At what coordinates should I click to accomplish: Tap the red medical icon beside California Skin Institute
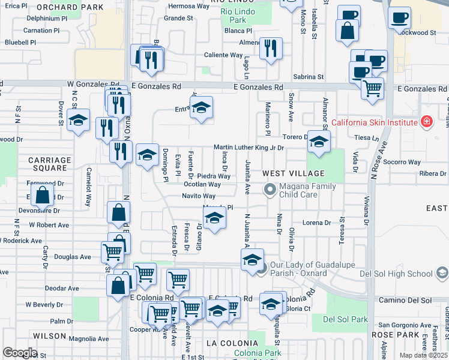[427, 122]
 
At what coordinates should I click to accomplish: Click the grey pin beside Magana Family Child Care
[270, 190]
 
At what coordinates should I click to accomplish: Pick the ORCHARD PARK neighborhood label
[66, 7]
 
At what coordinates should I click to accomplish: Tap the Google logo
[20, 353]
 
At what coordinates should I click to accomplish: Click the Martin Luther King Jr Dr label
[249, 148]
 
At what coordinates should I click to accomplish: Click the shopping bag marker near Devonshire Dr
[43, 195]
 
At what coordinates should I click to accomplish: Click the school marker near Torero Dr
[319, 142]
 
